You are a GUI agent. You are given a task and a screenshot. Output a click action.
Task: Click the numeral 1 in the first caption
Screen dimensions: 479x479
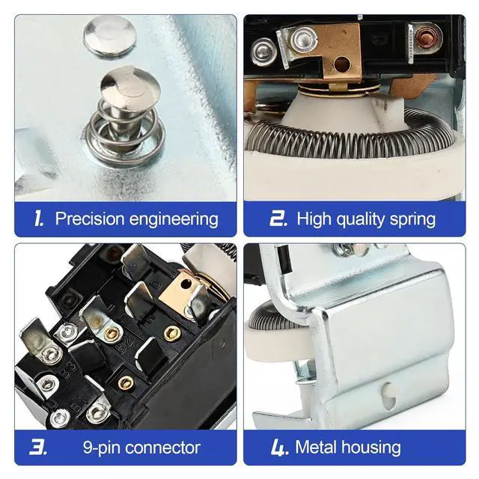(x=38, y=219)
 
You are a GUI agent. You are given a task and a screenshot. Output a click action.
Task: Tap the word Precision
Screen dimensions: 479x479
(x=90, y=219)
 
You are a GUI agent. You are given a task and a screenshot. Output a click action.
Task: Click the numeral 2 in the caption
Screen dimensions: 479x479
(x=278, y=218)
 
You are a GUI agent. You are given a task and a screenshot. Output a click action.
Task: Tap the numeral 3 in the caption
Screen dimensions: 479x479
(x=38, y=448)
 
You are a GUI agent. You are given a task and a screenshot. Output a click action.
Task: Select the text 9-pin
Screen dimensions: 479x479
(x=101, y=448)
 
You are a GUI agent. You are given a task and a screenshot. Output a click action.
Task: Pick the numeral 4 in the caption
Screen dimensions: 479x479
(x=279, y=448)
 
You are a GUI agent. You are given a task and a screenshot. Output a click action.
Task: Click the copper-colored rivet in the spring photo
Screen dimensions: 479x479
(x=425, y=37)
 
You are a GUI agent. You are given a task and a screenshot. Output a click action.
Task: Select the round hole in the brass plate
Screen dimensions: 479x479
(x=342, y=64)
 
